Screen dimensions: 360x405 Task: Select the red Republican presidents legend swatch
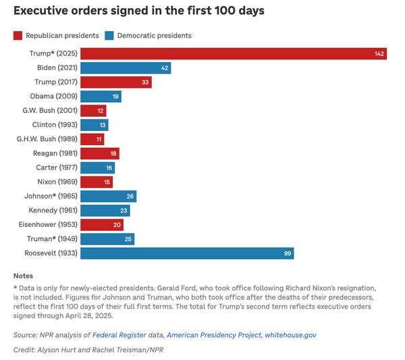coord(18,35)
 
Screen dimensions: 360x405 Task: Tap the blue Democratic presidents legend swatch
coord(110,35)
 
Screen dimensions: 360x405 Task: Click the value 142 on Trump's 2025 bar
coord(379,54)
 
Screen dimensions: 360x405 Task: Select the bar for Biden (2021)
coord(126,68)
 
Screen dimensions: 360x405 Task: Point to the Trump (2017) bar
coord(115,82)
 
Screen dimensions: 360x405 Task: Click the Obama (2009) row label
coord(53,97)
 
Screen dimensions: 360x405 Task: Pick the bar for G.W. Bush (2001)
coord(93,111)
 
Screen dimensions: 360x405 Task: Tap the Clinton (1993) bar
coord(94,125)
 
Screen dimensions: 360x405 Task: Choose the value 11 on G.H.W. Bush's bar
coord(99,139)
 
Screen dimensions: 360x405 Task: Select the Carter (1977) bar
coord(97,168)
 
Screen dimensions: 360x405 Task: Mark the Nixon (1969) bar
coord(97,182)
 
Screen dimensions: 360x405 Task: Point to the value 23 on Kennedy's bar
coord(124,211)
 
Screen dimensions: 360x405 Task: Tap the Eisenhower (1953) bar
coord(102,225)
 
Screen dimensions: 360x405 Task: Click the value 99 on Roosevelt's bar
coord(286,253)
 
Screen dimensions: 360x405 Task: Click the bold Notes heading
coord(23,276)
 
